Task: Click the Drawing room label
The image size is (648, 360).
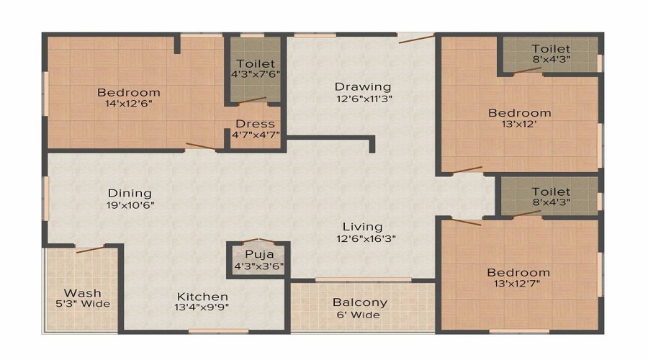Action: coord(363,87)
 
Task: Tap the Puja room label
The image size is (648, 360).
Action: coord(258,254)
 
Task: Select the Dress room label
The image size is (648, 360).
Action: coord(255,124)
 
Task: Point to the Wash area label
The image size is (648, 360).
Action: coord(82,293)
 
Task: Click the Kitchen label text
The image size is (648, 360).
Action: coord(203,297)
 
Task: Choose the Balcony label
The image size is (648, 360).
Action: coord(359,302)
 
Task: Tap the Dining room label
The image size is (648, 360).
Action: coord(130,193)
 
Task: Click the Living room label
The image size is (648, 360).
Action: coord(362,227)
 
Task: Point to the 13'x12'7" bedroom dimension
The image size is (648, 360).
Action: coord(518,284)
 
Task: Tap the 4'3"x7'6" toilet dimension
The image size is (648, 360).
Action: coord(255,74)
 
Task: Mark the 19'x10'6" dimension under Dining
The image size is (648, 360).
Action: coord(130,204)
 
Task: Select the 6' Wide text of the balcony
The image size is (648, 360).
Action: coord(359,315)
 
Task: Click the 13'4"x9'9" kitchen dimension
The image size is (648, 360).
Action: coord(203,308)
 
